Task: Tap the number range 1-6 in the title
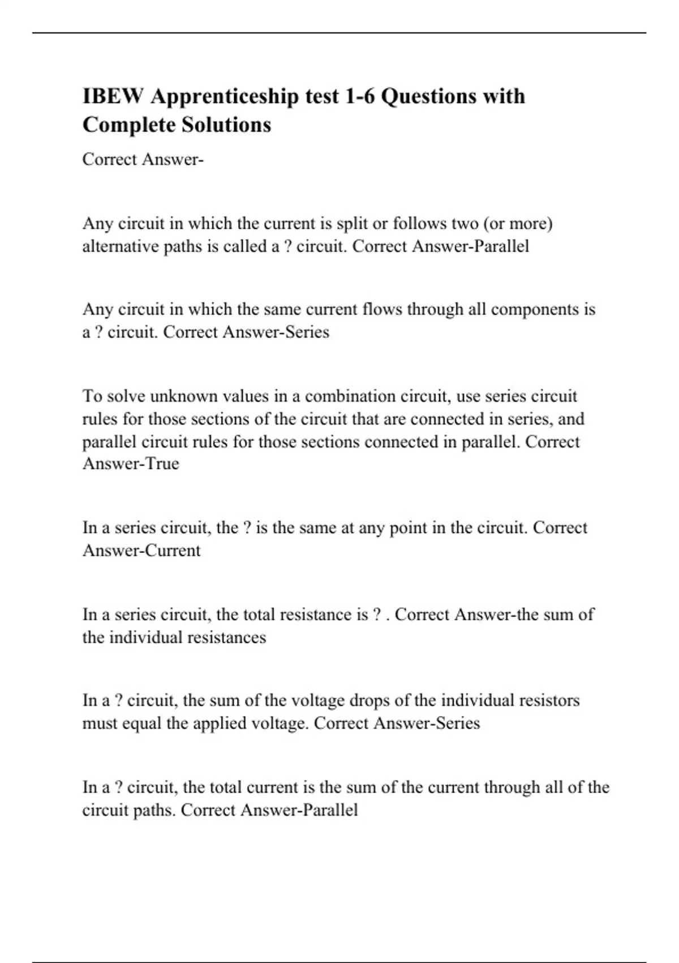[356, 96]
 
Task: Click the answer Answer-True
[131, 464]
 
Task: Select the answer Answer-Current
[141, 551]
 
